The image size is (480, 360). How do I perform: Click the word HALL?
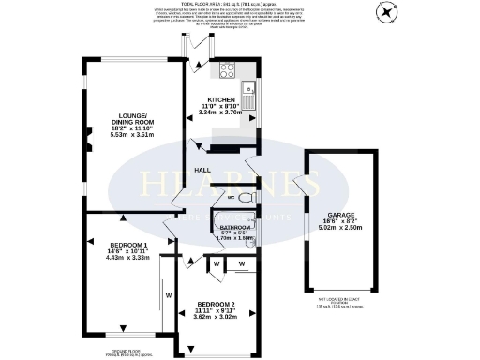(x=202, y=170)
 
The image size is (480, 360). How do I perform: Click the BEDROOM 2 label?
(x=215, y=304)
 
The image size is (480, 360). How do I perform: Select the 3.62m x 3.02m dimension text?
(x=215, y=317)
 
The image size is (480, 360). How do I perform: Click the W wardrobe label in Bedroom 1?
(x=169, y=296)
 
